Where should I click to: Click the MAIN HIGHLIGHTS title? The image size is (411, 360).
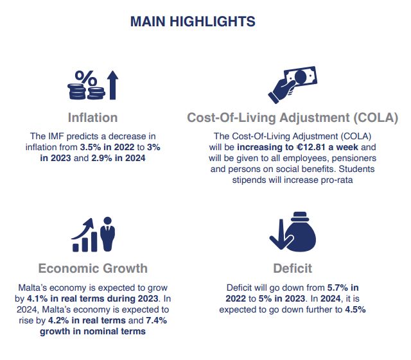[x=193, y=21]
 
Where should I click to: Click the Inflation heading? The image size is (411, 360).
[x=92, y=117]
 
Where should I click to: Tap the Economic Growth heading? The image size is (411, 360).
[x=92, y=268]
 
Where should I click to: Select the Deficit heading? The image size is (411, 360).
[x=293, y=268]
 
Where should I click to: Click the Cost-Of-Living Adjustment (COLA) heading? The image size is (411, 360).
[x=293, y=117]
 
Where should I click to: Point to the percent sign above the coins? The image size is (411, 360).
[x=85, y=78]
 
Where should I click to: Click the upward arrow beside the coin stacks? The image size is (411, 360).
[x=113, y=85]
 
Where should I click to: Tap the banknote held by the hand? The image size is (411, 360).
[x=301, y=76]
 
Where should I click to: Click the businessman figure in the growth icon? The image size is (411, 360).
[x=107, y=234]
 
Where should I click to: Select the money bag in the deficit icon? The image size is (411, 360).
[x=301, y=232]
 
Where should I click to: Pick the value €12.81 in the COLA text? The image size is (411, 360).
[x=311, y=147]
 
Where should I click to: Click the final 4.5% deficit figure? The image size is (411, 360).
[x=355, y=310]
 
